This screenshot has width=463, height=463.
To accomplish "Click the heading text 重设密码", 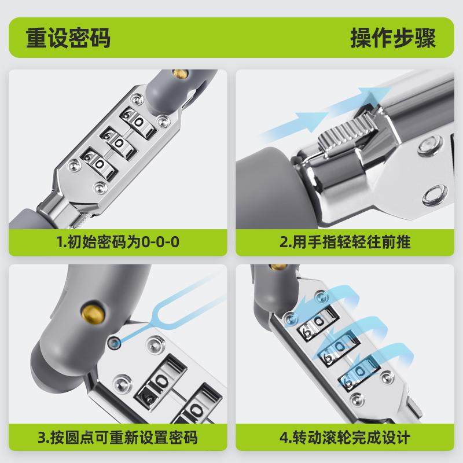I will pos(68,38).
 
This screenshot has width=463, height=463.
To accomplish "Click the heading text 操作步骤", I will pos(393,38).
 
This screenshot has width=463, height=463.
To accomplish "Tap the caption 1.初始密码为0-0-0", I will pos(117,241).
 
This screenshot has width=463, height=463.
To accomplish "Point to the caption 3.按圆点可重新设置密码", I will pos(117,437).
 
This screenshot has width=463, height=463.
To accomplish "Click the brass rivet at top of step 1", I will pos(181,74).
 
